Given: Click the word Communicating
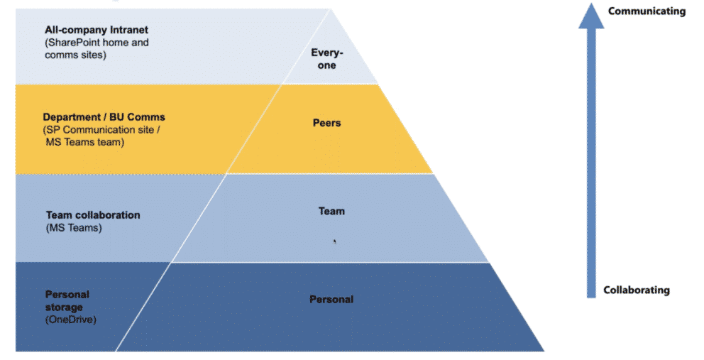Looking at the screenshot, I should [x=647, y=11].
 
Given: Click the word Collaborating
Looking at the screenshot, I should [x=636, y=290].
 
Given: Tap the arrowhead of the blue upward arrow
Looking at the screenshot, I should [x=591, y=16].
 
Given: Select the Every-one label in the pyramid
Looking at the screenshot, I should [x=326, y=58].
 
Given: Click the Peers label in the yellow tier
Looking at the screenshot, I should [x=326, y=123].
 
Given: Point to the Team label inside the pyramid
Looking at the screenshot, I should [x=331, y=211].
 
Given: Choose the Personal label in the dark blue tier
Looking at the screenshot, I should [x=331, y=299].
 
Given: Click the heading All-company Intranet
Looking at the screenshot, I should [x=97, y=31].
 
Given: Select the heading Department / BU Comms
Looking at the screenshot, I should [x=104, y=117].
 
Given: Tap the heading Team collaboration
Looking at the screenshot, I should [x=93, y=214].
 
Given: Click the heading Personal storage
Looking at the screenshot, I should [x=67, y=300].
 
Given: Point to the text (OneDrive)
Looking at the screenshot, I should [x=70, y=320].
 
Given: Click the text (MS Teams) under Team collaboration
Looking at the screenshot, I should [x=74, y=227].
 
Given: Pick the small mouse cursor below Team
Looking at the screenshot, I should [x=334, y=241].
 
